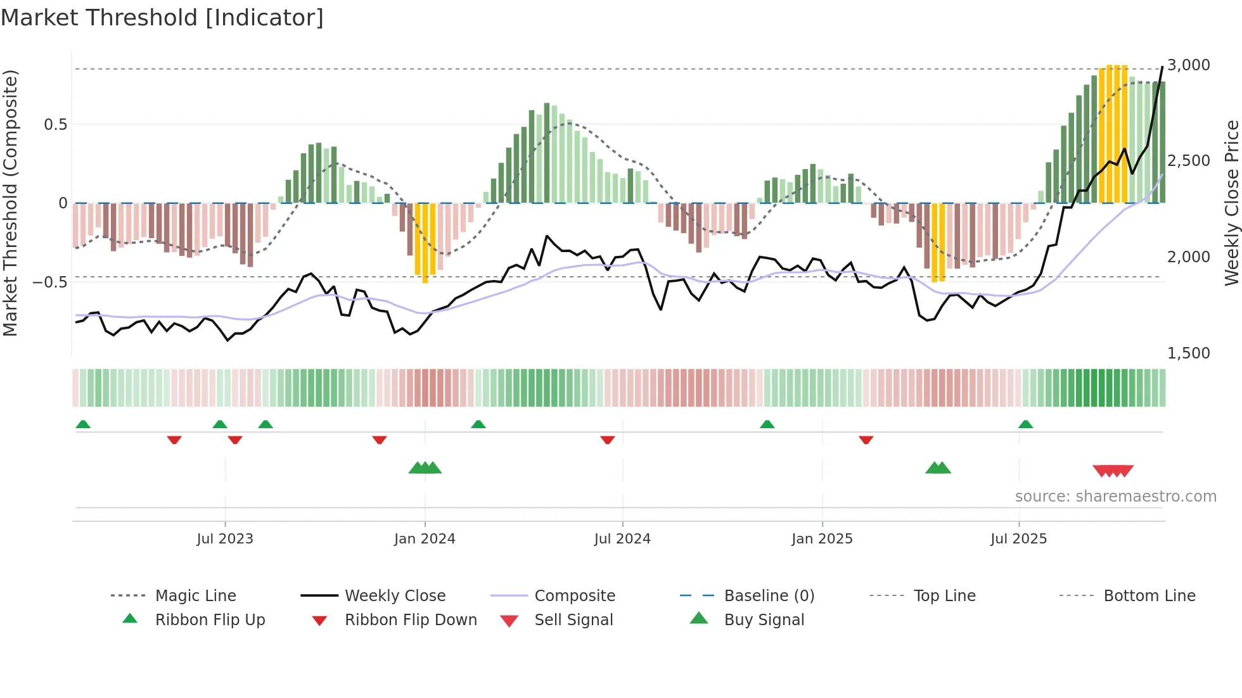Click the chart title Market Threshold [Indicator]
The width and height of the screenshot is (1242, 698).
click(162, 18)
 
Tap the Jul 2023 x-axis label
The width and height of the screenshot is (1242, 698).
click(224, 539)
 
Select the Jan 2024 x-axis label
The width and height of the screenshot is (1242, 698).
click(425, 539)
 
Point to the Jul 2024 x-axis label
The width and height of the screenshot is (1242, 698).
click(622, 539)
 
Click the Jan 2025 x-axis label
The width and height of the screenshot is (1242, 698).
click(822, 539)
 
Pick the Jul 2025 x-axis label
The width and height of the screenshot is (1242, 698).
click(1018, 539)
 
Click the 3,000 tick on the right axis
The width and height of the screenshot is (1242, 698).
click(1189, 65)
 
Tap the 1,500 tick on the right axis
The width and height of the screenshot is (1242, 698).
click(1189, 353)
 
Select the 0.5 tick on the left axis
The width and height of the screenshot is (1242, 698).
click(56, 125)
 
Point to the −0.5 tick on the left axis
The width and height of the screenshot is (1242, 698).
click(51, 282)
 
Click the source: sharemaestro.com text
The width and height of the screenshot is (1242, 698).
click(1115, 497)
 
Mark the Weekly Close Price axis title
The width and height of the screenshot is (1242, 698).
click(1231, 203)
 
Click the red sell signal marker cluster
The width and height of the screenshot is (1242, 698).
click(1113, 471)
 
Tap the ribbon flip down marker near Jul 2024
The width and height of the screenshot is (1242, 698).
click(607, 440)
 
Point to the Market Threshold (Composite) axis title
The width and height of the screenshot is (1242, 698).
click(11, 203)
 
